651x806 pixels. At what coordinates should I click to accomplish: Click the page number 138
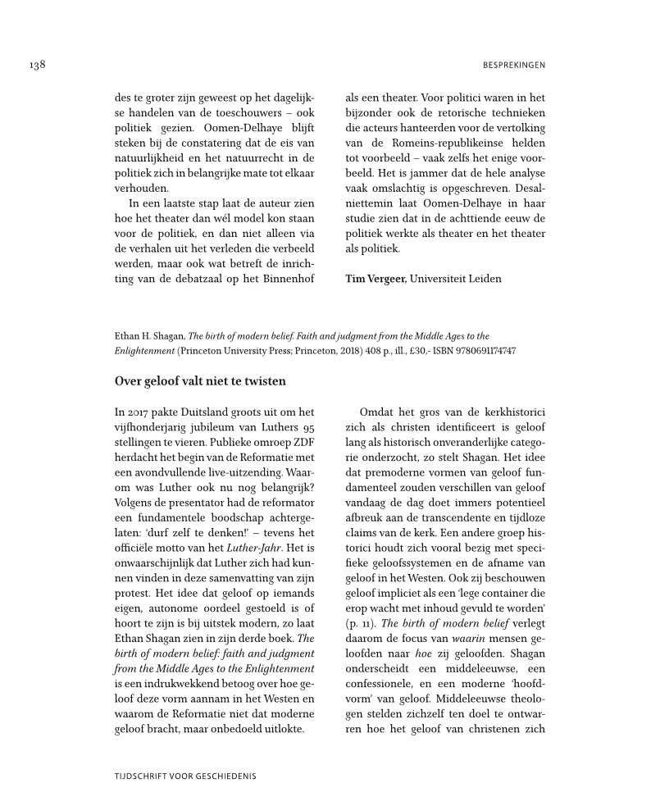(x=35, y=65)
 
